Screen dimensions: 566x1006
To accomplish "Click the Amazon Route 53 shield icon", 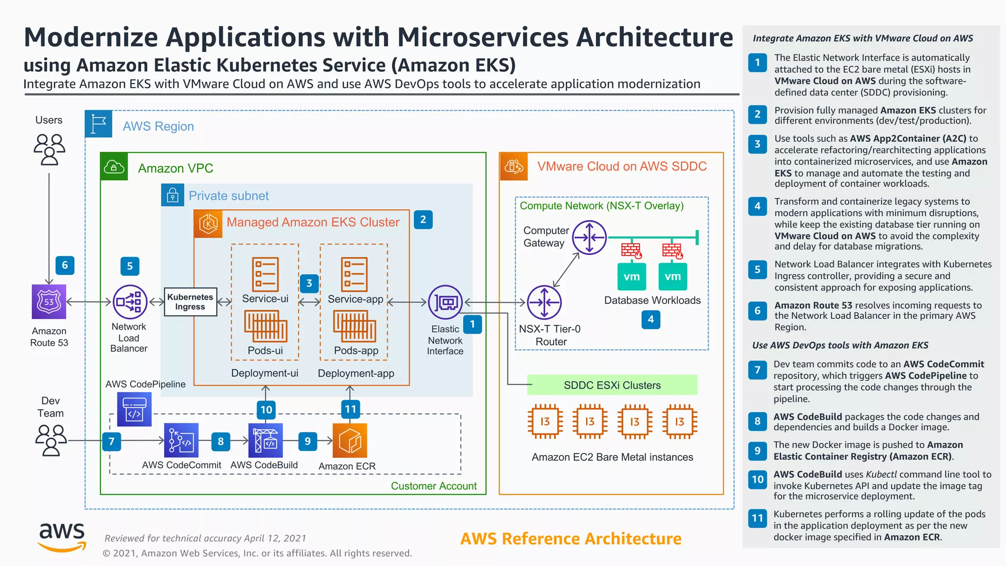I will pyautogui.click(x=49, y=302).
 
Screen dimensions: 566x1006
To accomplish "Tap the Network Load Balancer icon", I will pyautogui.click(x=130, y=302).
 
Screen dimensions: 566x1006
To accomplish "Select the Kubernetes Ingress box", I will pyautogui.click(x=190, y=302).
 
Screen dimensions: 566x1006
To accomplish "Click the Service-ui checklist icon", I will pyautogui.click(x=265, y=274).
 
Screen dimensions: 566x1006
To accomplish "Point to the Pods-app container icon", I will pyautogui.click(x=355, y=327).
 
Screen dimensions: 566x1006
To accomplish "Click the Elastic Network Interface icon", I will pyautogui.click(x=445, y=302).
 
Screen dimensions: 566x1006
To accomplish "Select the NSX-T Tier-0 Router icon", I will pyautogui.click(x=544, y=302).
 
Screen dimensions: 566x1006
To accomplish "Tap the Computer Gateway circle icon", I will pyautogui.click(x=589, y=237).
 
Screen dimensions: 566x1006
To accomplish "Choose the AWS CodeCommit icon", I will pyautogui.click(x=181, y=440).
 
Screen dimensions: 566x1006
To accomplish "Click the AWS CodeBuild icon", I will pyautogui.click(x=265, y=440).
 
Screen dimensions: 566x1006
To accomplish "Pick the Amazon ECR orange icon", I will pyautogui.click(x=350, y=440).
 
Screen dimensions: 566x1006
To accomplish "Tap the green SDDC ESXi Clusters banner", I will pyautogui.click(x=612, y=385).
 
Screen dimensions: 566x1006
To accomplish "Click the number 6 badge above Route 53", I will pyautogui.click(x=65, y=265).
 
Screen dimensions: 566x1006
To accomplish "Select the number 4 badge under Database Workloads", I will pyautogui.click(x=650, y=319).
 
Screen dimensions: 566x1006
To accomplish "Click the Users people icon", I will pyautogui.click(x=49, y=149).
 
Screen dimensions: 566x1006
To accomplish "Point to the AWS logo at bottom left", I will pyautogui.click(x=62, y=537).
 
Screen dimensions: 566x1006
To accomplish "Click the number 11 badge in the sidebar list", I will pyautogui.click(x=757, y=518).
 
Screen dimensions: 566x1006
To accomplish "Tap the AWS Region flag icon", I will pyautogui.click(x=99, y=124).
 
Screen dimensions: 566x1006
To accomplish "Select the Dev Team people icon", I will pyautogui.click(x=51, y=440).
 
